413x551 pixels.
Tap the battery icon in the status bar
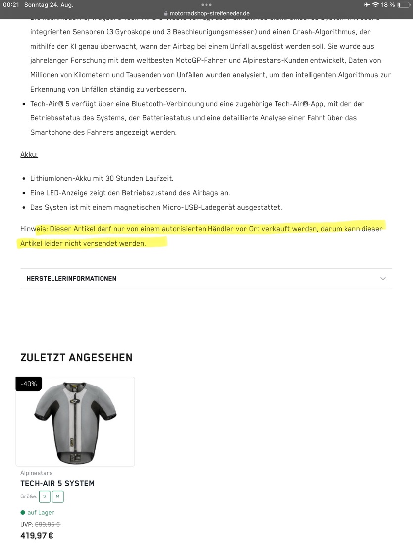pos(403,5)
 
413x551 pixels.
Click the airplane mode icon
pos(367,5)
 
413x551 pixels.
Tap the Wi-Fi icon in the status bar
pos(375,5)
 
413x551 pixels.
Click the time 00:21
pos(11,5)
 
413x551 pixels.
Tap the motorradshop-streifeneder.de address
pos(209,13)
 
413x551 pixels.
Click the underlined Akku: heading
pos(29,154)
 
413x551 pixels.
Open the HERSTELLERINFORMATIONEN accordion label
pos(71,279)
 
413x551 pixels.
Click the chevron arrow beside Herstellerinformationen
pos(383,279)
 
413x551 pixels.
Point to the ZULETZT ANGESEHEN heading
pos(76,358)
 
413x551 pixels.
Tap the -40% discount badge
pos(29,384)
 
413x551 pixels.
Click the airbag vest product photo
pos(75,421)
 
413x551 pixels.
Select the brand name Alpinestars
pos(36,473)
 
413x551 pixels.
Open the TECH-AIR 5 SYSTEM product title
pos(57,483)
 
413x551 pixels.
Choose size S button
pos(44,496)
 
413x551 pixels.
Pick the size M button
pos(57,496)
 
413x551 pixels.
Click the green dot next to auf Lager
pos(23,513)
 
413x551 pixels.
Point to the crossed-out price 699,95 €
pos(48,524)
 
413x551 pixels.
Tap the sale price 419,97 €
pos(37,536)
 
